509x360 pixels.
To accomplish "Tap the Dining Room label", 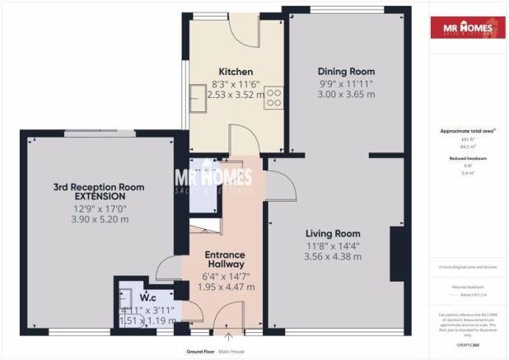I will [347, 72].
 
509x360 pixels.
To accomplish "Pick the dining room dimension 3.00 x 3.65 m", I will [347, 95].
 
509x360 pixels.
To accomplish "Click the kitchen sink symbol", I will [199, 99].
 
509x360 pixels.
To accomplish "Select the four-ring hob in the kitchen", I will [273, 98].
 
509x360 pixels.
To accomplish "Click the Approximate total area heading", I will [469, 131].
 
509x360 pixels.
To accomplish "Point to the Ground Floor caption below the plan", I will [201, 352].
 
